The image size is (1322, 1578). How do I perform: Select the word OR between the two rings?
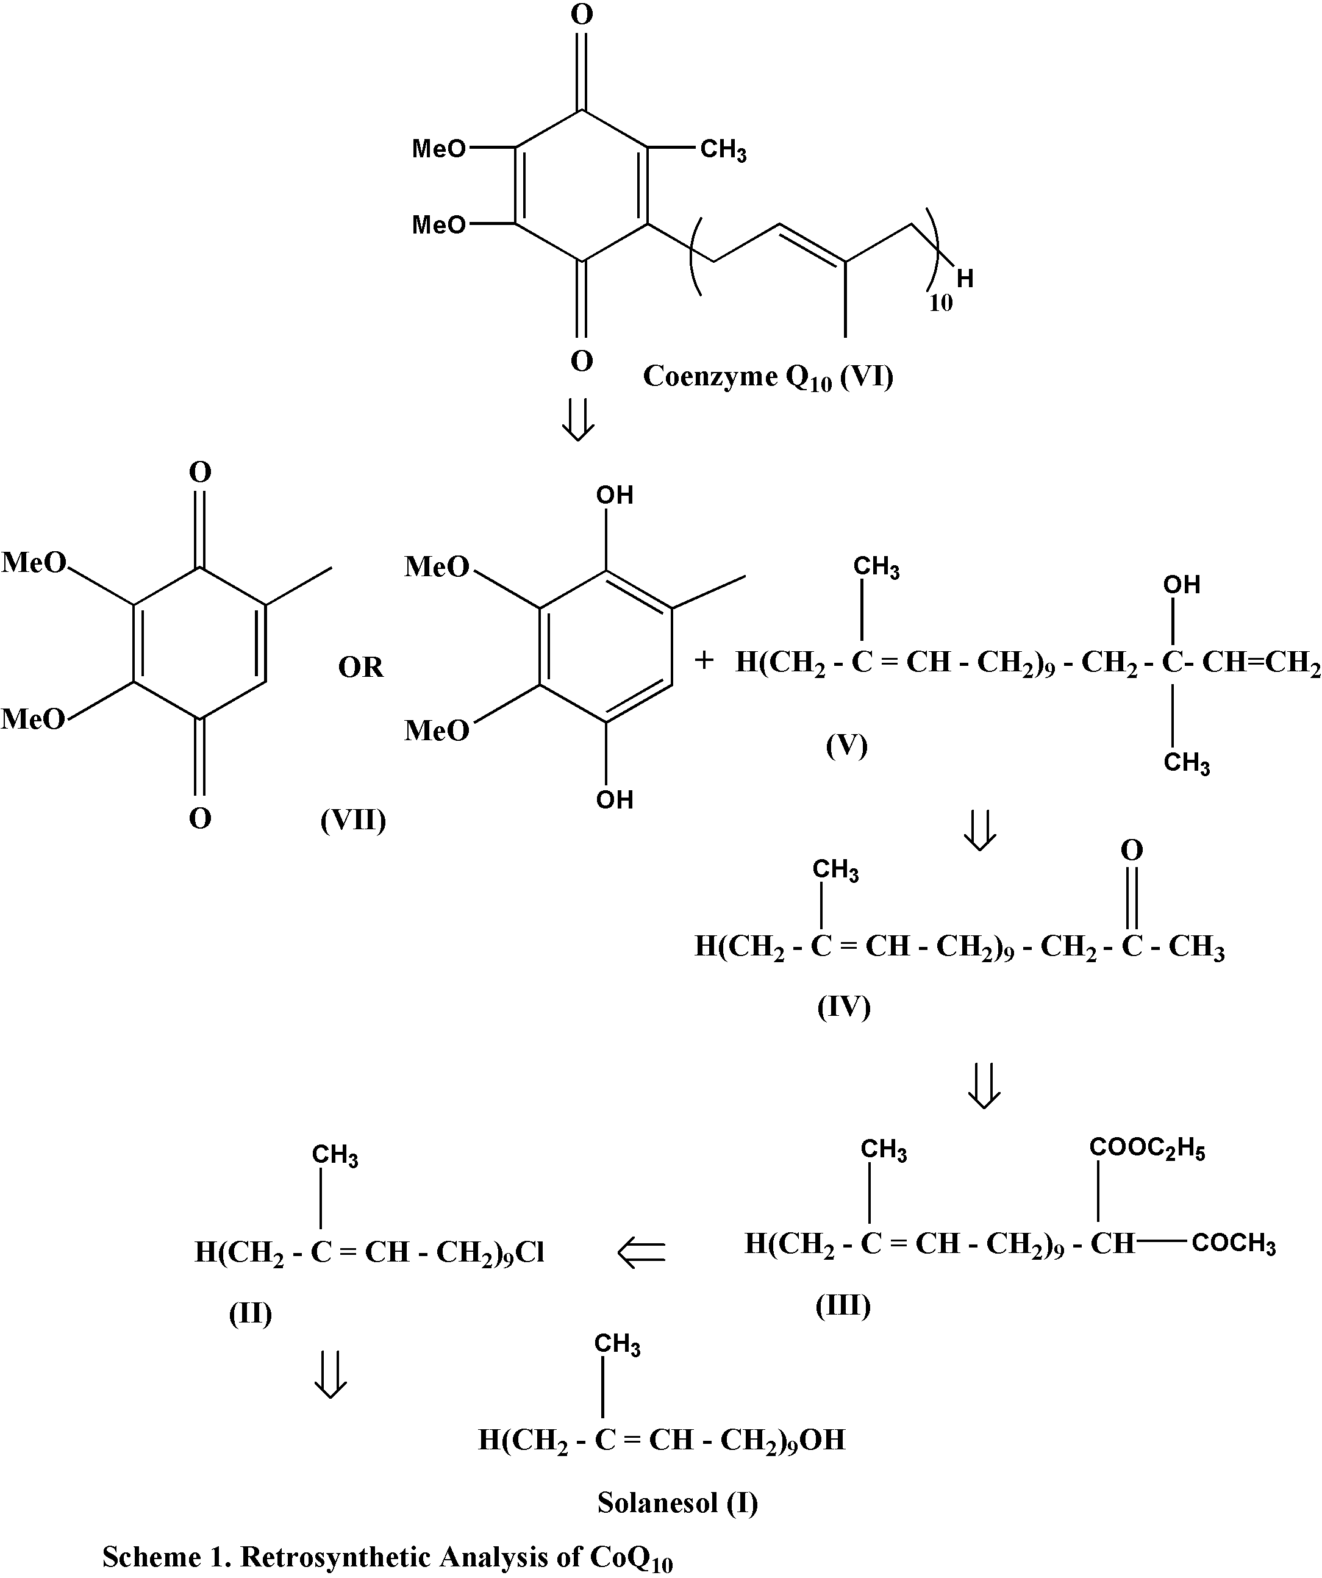point(361,666)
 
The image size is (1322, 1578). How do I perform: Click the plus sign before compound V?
point(704,660)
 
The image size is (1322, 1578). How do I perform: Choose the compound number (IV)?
point(843,1006)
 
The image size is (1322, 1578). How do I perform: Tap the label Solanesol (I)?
point(677,1502)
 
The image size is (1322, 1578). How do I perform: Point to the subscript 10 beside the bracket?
point(940,304)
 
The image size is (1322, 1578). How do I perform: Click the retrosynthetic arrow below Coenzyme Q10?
point(579,420)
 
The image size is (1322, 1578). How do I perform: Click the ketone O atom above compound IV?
point(1131,851)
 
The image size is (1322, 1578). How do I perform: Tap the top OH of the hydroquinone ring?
point(614,495)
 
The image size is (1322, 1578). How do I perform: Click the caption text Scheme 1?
point(387,1557)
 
